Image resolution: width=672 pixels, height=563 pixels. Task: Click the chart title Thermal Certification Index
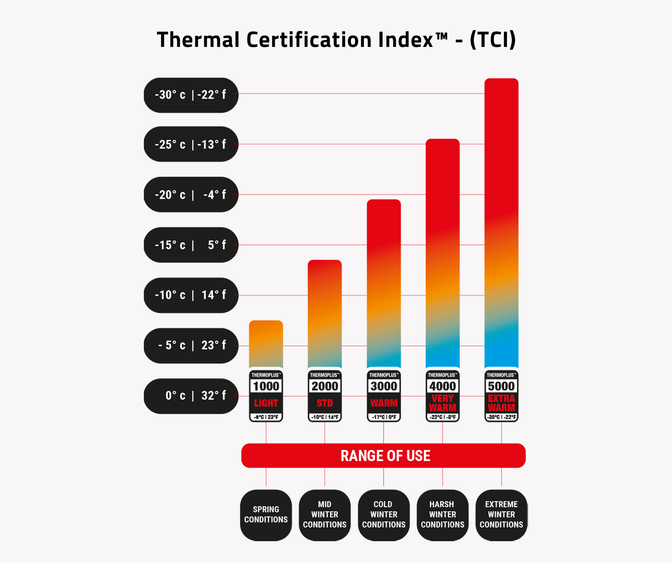pos(336,40)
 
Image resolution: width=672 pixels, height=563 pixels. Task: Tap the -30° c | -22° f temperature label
pos(191,95)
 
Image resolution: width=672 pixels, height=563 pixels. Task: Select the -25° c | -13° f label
pos(191,144)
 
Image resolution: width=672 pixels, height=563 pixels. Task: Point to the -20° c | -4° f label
pos(191,195)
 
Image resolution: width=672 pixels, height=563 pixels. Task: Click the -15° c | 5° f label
pos(191,245)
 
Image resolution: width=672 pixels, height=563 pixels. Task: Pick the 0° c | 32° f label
pos(191,396)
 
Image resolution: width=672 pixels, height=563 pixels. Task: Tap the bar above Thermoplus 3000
pos(384,283)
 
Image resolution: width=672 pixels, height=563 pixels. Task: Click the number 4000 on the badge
pos(443,386)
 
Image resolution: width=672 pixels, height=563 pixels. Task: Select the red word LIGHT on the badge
pos(266,403)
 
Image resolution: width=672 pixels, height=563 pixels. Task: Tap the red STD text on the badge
pos(325,403)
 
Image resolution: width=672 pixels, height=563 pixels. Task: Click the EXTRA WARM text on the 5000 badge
pos(501,403)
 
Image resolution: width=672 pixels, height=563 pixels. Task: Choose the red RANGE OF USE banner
pos(383,456)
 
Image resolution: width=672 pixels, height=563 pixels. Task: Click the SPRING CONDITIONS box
pos(266,515)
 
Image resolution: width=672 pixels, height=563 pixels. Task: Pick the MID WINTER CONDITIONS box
pos(325,515)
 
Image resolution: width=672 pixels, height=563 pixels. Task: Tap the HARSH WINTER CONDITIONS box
pos(443,515)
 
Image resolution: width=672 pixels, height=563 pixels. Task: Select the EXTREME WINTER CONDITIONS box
pos(501,515)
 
